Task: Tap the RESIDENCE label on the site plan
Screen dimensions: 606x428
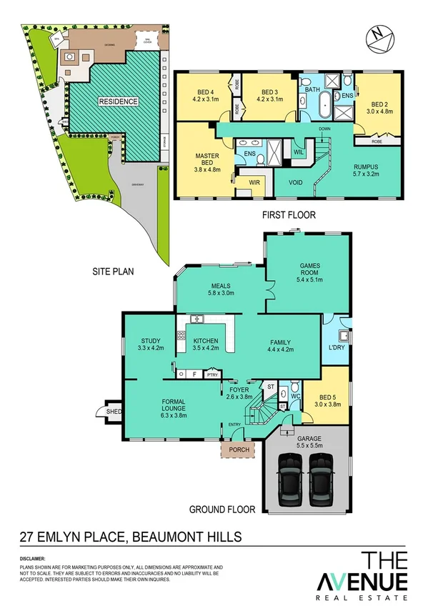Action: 119,102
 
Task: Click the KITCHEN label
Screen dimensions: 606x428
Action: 208,341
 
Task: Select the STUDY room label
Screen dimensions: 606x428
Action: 151,341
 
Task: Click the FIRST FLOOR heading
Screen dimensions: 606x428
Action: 289,214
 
